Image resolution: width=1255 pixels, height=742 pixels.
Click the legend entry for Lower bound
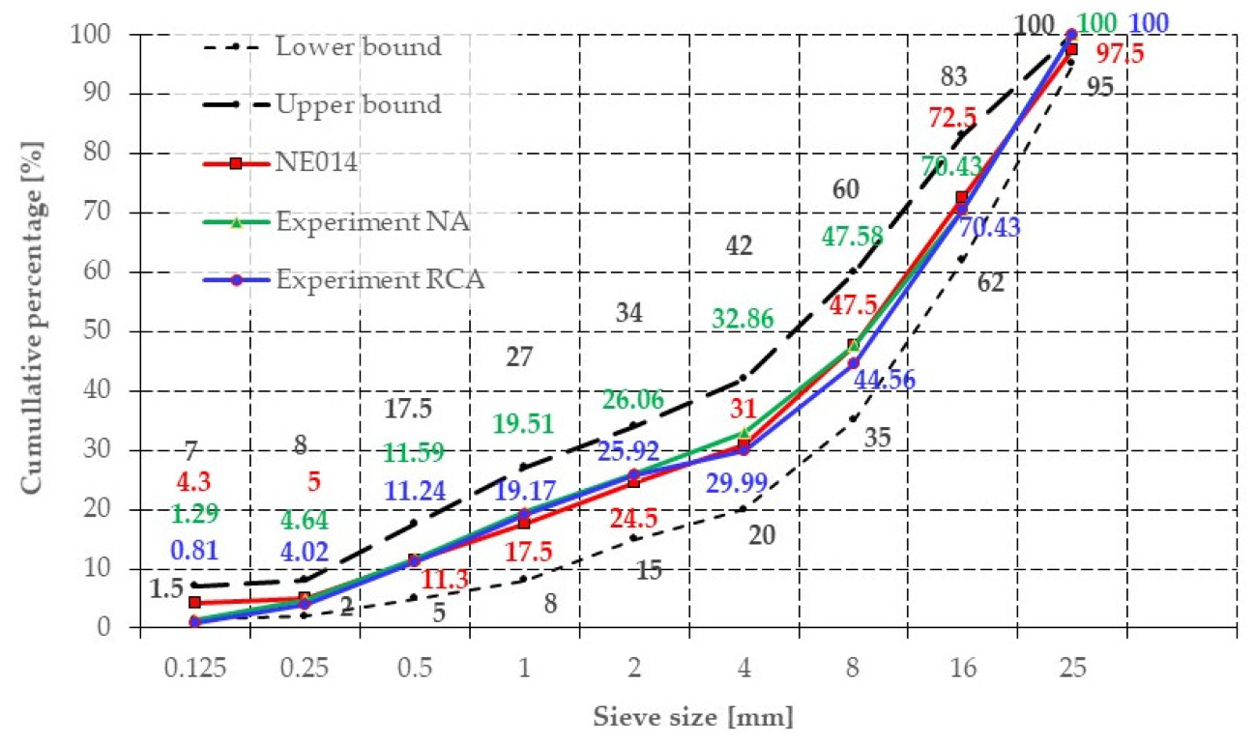pos(358,45)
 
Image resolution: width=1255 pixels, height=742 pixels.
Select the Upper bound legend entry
pos(359,104)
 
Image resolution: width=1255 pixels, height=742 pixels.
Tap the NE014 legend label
pos(315,163)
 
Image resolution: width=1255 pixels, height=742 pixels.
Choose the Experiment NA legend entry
pos(372,222)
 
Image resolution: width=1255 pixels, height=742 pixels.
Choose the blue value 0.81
pos(194,552)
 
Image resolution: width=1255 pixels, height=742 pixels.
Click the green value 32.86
pos(744,318)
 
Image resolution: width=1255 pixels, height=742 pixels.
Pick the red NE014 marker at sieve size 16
pos(961,198)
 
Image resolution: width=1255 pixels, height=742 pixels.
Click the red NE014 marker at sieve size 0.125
pos(194,602)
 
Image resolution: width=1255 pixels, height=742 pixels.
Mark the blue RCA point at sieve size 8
pos(853,363)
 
